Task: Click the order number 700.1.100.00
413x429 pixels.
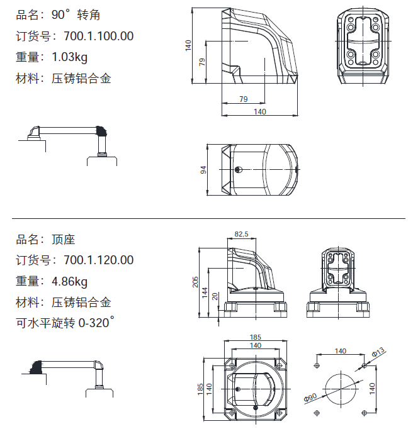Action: (98, 36)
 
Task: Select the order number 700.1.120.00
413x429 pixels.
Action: (98, 260)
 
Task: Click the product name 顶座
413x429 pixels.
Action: (64, 240)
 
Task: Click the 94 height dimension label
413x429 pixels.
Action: (203, 170)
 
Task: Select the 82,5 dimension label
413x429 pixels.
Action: (241, 234)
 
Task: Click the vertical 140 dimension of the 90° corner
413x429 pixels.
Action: (188, 45)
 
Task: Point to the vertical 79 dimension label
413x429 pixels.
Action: (202, 62)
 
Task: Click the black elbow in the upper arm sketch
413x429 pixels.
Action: (101, 131)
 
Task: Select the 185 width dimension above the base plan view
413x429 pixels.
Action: (255, 338)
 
